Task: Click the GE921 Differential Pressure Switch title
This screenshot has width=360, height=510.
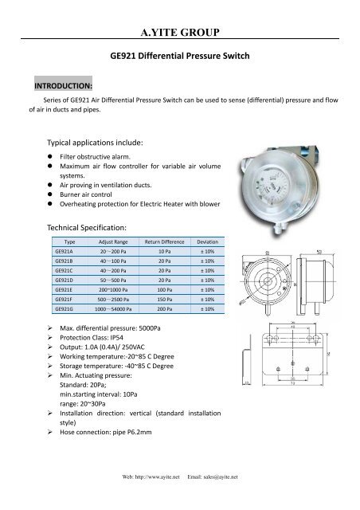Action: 179,57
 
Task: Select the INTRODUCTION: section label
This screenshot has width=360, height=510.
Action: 63,84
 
